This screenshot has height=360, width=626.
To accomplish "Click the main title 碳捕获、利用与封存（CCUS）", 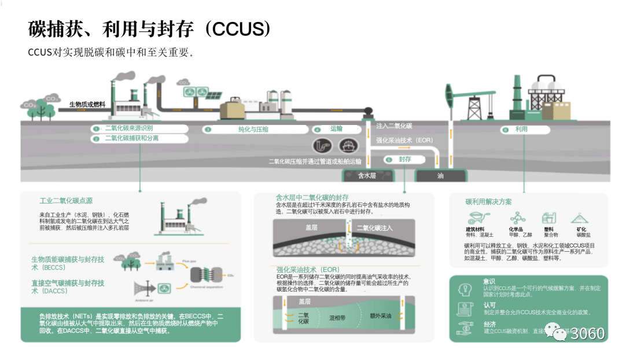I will click(150, 28).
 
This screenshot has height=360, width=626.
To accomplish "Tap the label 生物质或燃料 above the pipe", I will click(87, 104).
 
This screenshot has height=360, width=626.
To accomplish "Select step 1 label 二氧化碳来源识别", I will click(128, 128).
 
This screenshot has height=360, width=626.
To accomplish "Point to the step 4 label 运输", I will click(336, 128).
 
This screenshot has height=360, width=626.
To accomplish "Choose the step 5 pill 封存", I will click(404, 159).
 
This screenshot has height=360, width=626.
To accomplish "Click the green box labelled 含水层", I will click(368, 175).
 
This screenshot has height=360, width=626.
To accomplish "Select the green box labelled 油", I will click(440, 175).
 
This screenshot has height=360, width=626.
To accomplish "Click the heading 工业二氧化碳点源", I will click(66, 201).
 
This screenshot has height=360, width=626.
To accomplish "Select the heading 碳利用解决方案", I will click(488, 201).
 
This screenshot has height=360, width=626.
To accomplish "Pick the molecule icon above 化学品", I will click(517, 218).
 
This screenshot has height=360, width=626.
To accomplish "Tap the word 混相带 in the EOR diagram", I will click(337, 318).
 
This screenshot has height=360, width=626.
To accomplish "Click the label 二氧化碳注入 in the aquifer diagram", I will click(374, 227).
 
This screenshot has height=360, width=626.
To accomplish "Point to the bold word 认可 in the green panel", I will click(489, 304).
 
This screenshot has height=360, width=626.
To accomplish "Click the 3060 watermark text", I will click(587, 334).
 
